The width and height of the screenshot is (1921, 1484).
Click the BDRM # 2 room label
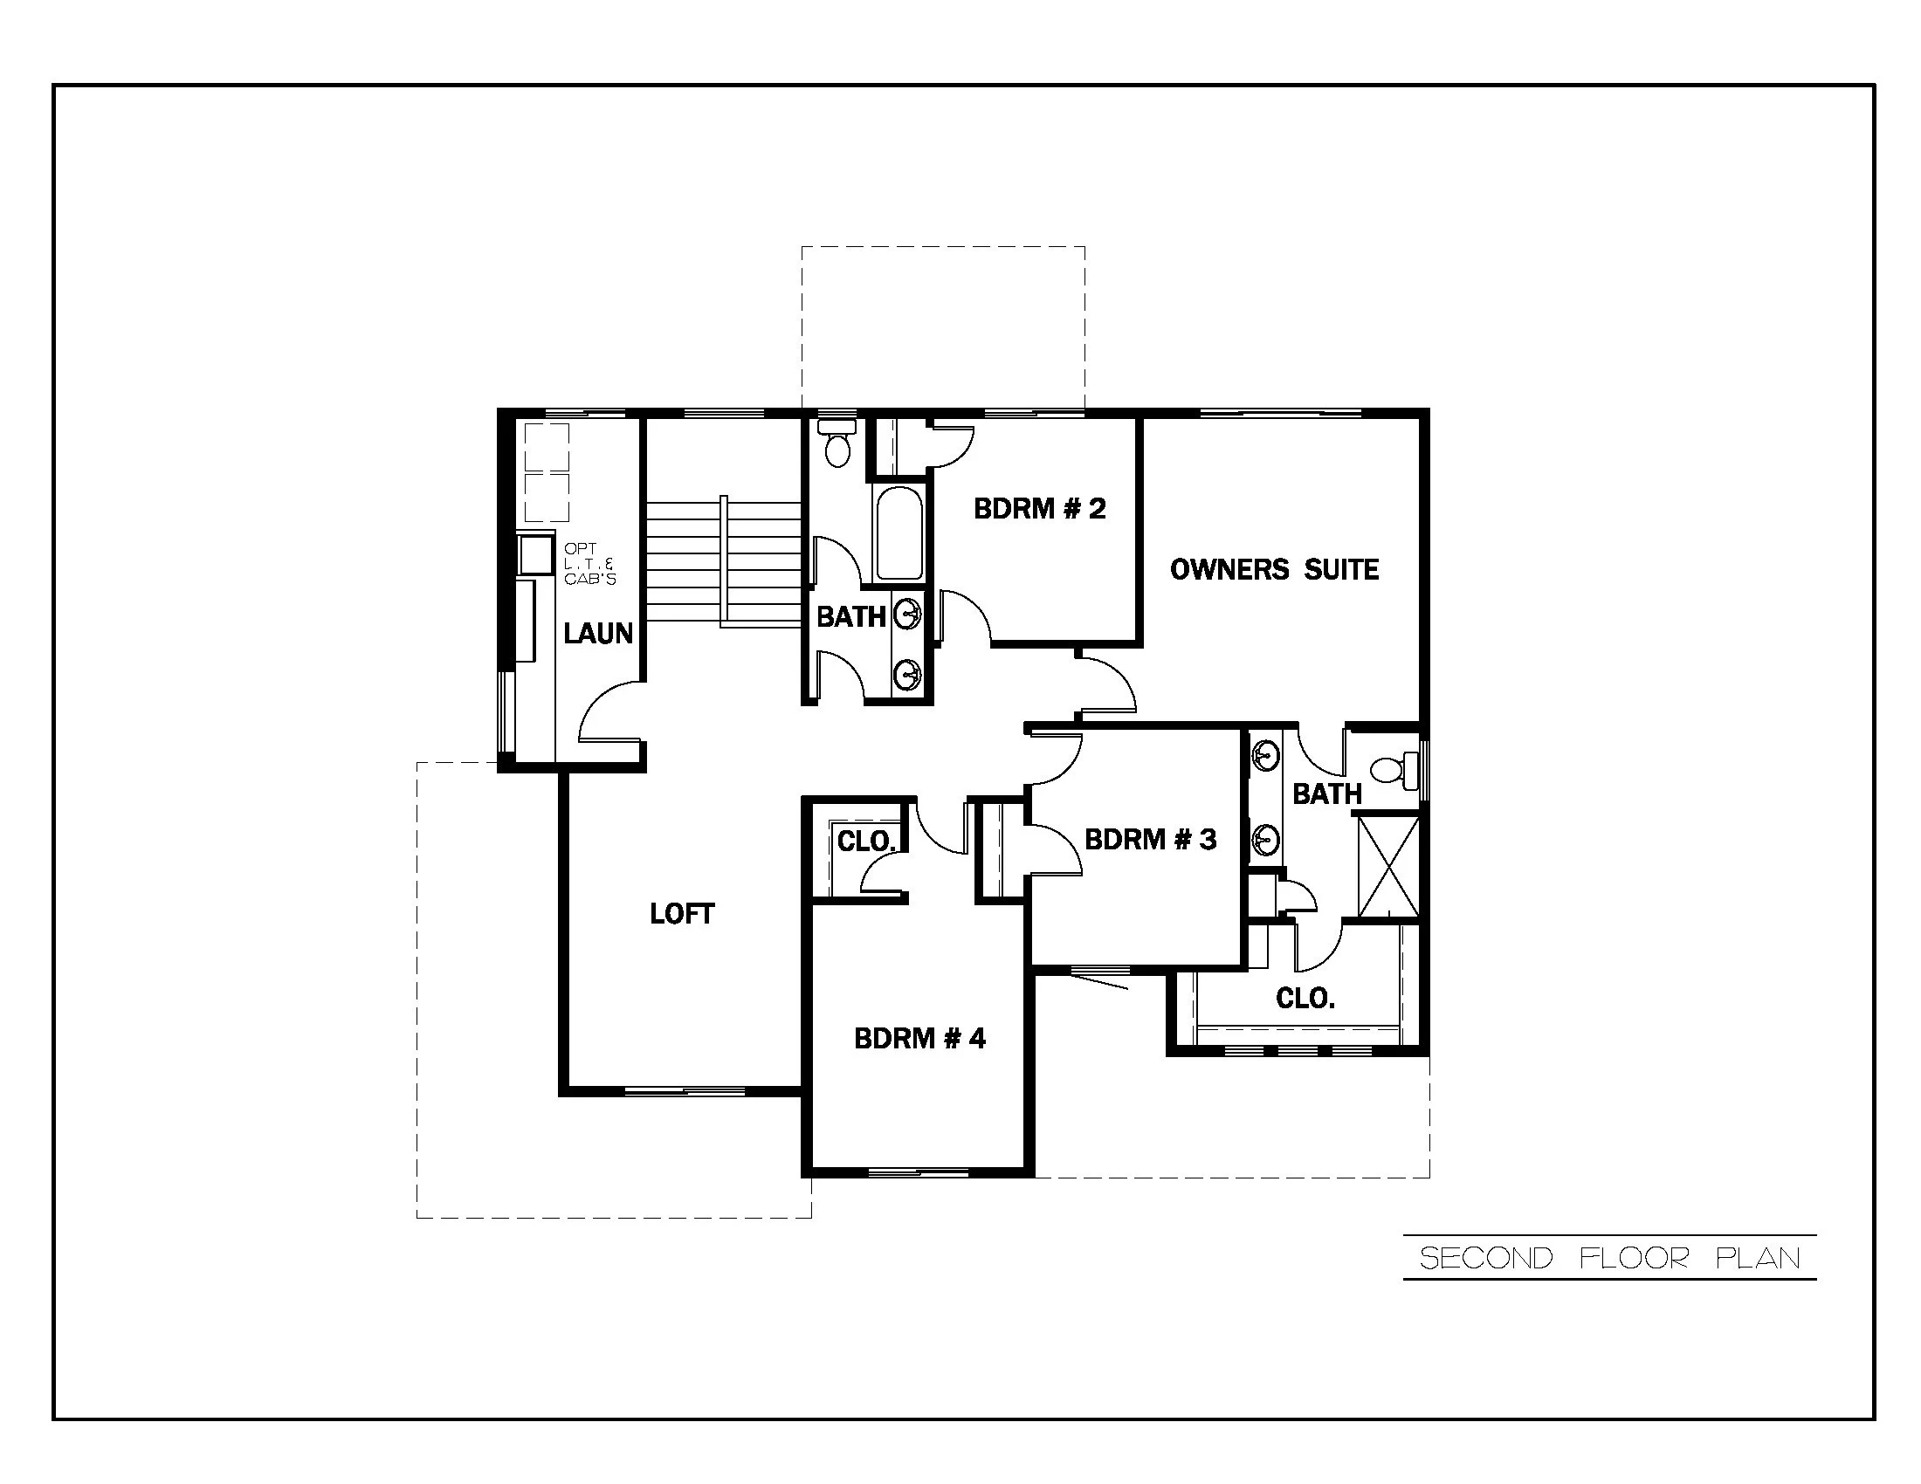click(x=1039, y=508)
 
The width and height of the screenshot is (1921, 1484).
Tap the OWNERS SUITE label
click(x=1274, y=570)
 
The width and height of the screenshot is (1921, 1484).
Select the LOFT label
click(x=682, y=913)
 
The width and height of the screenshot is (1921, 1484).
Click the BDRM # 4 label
click(x=919, y=1038)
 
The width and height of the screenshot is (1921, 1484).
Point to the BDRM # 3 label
click(x=1150, y=839)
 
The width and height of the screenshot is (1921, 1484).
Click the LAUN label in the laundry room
click(x=598, y=633)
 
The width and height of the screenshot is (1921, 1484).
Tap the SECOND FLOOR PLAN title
click(x=1609, y=1258)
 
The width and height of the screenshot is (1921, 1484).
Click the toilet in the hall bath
click(x=837, y=445)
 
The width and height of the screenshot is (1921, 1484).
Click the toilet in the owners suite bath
click(x=1394, y=769)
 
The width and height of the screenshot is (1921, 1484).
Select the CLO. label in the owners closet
click(x=1305, y=998)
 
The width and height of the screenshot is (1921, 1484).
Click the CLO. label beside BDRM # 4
click(x=865, y=842)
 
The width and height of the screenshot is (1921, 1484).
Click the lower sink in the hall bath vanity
click(x=906, y=675)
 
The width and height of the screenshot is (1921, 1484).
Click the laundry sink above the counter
click(x=534, y=553)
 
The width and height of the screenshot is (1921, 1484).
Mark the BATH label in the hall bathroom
click(x=850, y=616)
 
